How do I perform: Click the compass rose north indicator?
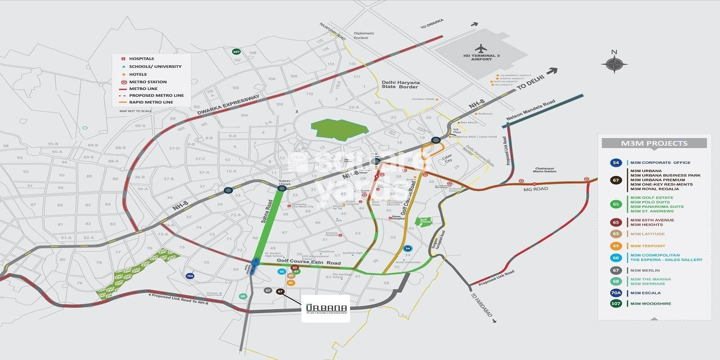614,63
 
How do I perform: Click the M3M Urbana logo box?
325,308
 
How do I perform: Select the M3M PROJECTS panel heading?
654,144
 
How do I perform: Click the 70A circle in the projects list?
616,293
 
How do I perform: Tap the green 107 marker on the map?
236,52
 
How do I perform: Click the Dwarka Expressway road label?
229,104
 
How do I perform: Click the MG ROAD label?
535,189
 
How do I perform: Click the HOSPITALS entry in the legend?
141,59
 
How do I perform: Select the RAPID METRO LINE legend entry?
151,102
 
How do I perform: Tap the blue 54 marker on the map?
408,248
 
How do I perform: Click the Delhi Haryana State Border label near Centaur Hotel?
400,85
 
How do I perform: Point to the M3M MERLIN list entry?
645,270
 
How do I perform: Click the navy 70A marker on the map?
190,276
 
